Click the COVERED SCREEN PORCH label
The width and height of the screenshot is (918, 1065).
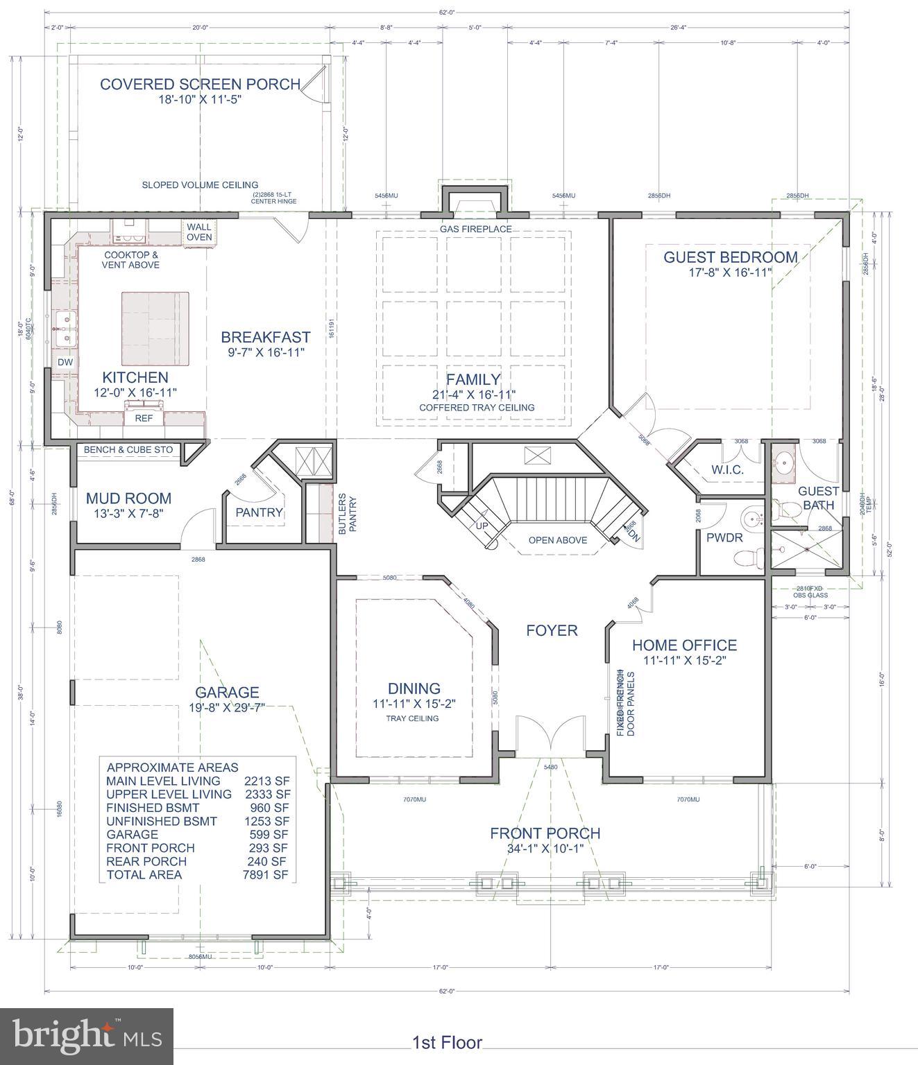[200, 85]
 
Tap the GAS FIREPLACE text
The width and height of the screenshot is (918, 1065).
[475, 229]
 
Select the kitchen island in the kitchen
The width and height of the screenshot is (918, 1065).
[155, 329]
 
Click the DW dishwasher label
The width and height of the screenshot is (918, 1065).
[65, 363]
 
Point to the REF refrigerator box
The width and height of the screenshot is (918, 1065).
[144, 418]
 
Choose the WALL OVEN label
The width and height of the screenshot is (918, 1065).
[199, 232]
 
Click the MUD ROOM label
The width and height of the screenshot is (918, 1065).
[128, 498]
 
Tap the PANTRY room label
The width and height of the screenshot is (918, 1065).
[259, 512]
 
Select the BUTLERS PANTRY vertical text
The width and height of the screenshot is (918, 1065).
[347, 514]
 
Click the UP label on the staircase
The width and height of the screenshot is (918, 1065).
[482, 526]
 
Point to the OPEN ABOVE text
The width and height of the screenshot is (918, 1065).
[557, 540]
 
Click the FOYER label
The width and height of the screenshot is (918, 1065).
[552, 630]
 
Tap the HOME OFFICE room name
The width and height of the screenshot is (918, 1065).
[683, 646]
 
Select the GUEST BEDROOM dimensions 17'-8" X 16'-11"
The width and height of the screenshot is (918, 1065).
[731, 272]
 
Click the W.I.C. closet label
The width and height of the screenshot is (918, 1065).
[727, 469]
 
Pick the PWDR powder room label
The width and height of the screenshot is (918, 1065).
[724, 537]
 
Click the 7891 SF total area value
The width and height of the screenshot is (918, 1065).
[266, 875]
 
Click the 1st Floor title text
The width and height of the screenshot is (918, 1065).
[447, 1042]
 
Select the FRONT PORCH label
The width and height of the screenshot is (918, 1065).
[545, 833]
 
